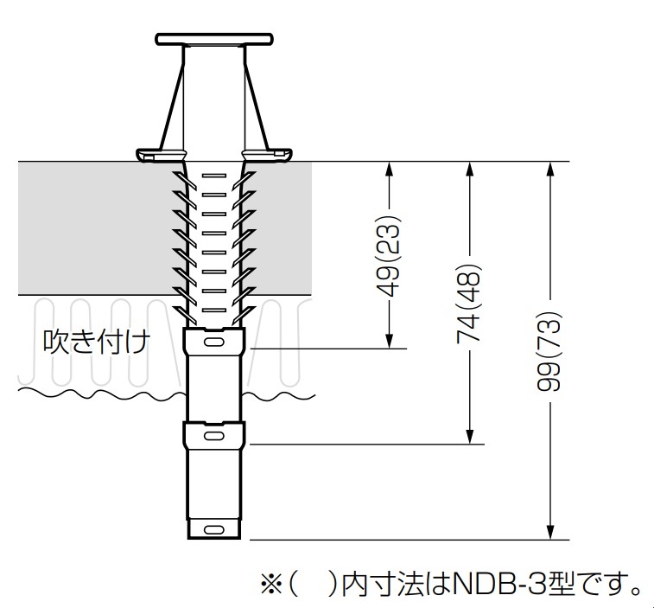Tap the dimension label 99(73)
[550, 350]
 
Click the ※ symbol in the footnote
[271, 584]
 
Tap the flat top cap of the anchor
[214, 39]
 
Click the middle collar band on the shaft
[214, 433]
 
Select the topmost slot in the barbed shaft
[214, 176]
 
